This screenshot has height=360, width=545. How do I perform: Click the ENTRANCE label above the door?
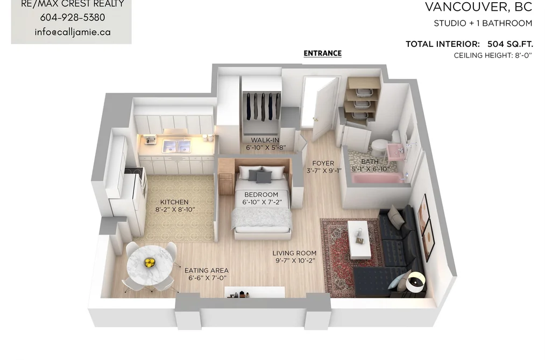(323, 53)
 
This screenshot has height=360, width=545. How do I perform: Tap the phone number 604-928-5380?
(72, 17)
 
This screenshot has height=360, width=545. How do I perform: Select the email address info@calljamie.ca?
(73, 32)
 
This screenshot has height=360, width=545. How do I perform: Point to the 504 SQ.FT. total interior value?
(510, 44)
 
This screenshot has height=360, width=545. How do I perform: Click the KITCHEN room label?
(174, 202)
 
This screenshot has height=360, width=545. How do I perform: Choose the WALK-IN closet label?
(265, 140)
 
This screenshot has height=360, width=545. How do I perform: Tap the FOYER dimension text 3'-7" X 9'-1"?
(324, 171)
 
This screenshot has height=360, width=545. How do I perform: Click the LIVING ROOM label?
(294, 253)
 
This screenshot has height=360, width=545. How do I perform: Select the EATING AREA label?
(207, 270)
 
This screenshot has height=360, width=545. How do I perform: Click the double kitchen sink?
(177, 146)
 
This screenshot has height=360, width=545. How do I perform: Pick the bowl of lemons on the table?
(150, 263)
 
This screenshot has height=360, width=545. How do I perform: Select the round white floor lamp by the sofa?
(416, 282)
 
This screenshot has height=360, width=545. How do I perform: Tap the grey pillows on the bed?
(260, 176)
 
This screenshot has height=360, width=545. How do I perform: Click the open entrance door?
(324, 109)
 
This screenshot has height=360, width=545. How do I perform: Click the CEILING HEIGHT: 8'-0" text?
(493, 55)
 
